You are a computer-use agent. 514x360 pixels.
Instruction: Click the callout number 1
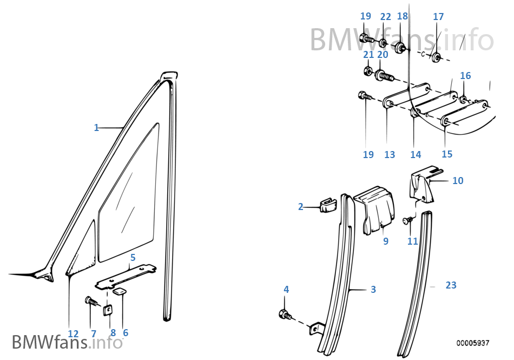[96, 128]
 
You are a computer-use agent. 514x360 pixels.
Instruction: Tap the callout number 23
[451, 285]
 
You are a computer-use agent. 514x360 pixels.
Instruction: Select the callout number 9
[386, 241]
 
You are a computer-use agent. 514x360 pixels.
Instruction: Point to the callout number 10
[458, 180]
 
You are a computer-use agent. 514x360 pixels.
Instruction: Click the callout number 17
[438, 17]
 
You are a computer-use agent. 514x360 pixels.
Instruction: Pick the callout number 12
[73, 333]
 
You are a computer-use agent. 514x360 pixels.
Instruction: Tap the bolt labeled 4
[284, 314]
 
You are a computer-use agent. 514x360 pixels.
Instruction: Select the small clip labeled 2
[326, 205]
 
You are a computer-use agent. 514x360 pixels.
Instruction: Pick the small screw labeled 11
[407, 220]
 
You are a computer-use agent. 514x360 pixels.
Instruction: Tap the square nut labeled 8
[108, 310]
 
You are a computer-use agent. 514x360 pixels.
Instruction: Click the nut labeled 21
[367, 71]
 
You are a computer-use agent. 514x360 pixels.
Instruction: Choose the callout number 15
[446, 154]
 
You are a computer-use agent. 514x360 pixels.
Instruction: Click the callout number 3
[373, 290]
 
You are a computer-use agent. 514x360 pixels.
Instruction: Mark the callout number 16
[465, 76]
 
